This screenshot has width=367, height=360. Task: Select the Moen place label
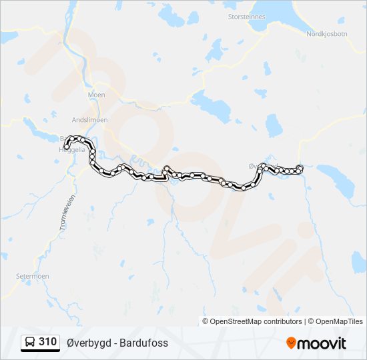click(x=97, y=95)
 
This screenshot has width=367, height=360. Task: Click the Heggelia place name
click(x=72, y=151)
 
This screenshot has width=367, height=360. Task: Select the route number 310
click(x=47, y=342)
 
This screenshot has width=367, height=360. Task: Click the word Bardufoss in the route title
click(x=144, y=343)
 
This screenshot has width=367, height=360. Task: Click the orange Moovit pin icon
click(x=291, y=343)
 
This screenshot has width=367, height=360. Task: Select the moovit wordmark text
click(x=322, y=343)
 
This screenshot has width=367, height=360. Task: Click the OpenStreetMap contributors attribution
click(x=252, y=321)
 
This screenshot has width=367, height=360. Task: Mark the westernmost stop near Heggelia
click(x=67, y=147)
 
